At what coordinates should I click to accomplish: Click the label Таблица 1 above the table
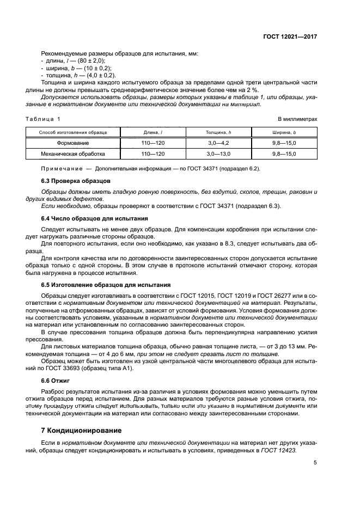click(x=44, y=119)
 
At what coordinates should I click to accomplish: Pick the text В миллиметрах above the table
click(x=297, y=119)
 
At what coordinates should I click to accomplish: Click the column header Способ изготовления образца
click(x=73, y=132)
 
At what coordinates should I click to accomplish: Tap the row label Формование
click(x=73, y=143)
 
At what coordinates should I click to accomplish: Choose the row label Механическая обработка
click(x=73, y=154)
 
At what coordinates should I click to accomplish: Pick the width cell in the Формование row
click(x=284, y=143)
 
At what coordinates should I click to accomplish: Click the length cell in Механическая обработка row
click(x=152, y=154)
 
